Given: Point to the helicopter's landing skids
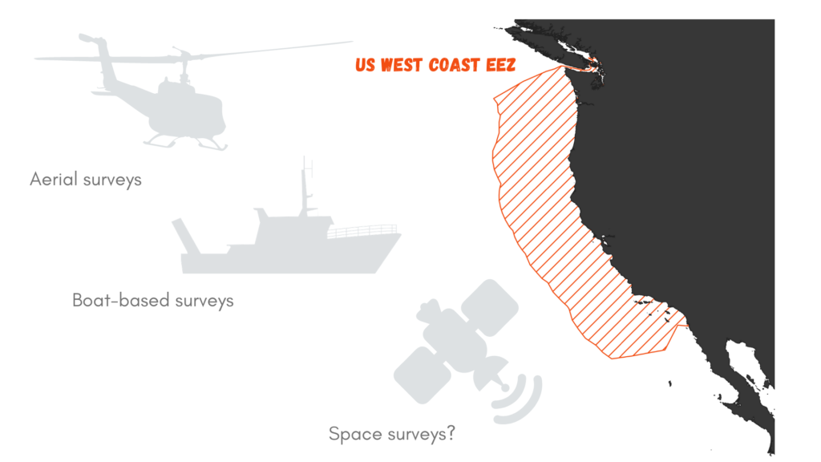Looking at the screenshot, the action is tap(186, 143).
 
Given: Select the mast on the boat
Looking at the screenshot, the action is tap(305, 186).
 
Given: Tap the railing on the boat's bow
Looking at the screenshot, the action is tap(362, 231).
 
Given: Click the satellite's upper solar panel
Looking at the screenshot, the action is tap(490, 307).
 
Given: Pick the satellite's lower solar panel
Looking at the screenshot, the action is tap(423, 374).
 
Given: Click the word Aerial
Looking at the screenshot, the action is tap(54, 179).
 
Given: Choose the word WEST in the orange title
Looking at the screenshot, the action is tap(402, 65).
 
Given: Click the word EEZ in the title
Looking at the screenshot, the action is tap(501, 65).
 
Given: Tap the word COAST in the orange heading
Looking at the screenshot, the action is tap(455, 65).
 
